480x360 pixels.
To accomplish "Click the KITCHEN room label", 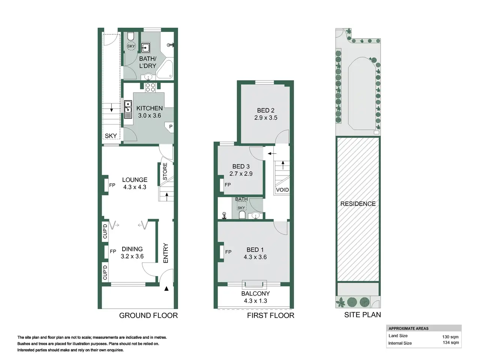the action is click(x=150, y=108).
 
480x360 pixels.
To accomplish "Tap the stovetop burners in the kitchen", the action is click(x=150, y=87).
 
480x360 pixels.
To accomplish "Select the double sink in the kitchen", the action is click(x=128, y=109).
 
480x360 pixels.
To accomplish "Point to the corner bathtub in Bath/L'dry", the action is click(x=165, y=69).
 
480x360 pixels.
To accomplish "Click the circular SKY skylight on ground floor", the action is click(x=131, y=46).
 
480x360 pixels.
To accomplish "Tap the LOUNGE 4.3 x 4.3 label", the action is click(x=135, y=183).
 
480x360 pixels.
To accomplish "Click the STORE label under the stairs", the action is click(x=165, y=171).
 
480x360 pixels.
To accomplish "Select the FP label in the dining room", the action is click(x=113, y=251).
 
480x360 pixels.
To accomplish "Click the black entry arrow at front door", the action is click(x=166, y=288).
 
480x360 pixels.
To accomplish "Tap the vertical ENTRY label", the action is click(x=165, y=253).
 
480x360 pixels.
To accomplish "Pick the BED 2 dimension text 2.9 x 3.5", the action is click(x=266, y=118).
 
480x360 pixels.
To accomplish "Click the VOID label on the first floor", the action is click(x=282, y=190).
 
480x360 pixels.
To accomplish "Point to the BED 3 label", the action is click(x=241, y=166).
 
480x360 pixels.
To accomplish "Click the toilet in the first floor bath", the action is click(x=241, y=214).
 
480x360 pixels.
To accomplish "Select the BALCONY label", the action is click(x=255, y=293).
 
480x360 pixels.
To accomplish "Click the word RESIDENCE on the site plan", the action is click(x=358, y=204).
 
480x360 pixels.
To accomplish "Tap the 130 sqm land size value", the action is click(x=450, y=337).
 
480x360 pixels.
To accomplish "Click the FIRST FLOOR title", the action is click(x=271, y=315).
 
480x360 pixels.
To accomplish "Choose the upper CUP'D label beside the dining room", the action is click(x=105, y=231).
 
